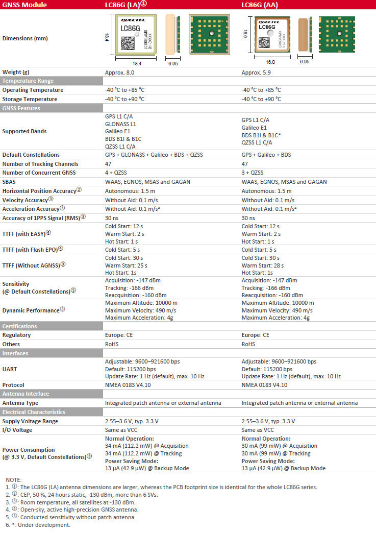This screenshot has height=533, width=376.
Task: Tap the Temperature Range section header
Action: pos(28,81)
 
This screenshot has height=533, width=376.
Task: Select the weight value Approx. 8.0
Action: pos(121,72)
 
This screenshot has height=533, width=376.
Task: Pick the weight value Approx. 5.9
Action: pos(258,72)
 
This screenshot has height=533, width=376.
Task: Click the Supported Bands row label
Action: pos(24,131)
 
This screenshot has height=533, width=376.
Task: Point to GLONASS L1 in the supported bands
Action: pos(120,124)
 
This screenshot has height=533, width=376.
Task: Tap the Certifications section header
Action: pos(20,326)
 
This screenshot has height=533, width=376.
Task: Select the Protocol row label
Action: pos(14,385)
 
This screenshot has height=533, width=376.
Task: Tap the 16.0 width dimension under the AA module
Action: pos(270,62)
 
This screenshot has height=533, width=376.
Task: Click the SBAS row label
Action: pos(9,182)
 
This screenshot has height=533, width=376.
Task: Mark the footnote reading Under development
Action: pos(41,525)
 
